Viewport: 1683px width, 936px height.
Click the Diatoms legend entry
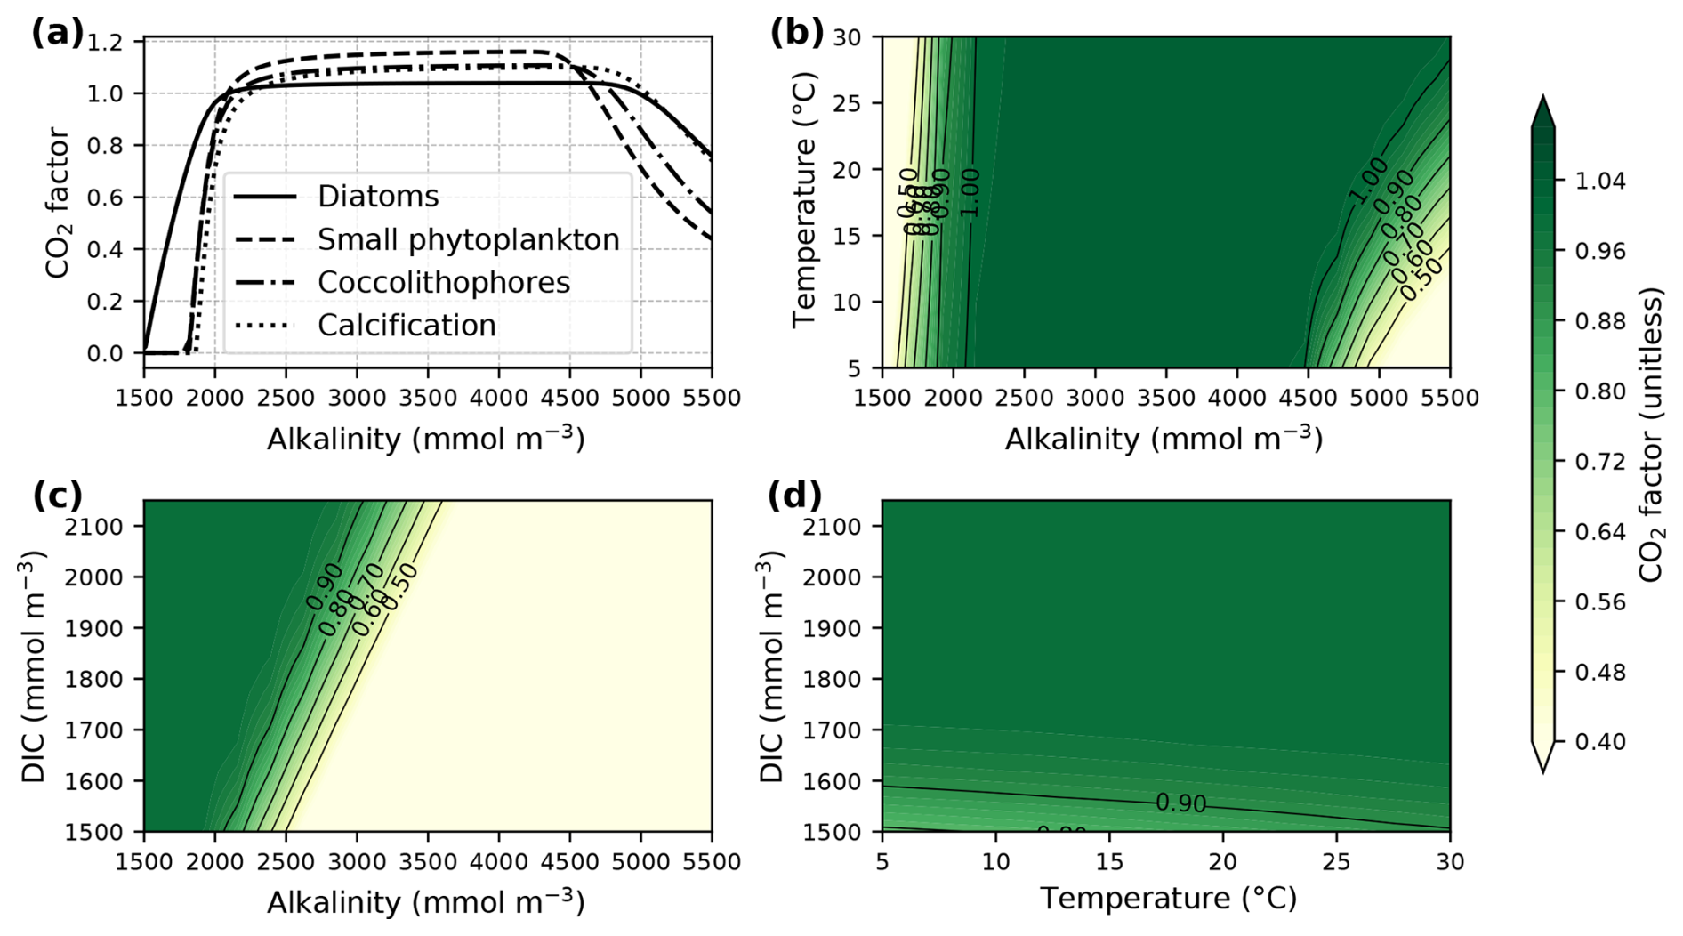[378, 197]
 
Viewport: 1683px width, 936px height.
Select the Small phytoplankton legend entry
[468, 239]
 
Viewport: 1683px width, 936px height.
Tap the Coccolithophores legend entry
[443, 282]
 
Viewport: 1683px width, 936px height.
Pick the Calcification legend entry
[407, 325]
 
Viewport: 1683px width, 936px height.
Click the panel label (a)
[57, 33]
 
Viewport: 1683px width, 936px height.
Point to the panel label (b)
[796, 33]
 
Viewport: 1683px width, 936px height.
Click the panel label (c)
[57, 495]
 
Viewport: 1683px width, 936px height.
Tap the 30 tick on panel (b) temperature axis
[846, 37]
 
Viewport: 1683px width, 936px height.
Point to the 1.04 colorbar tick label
[1599, 181]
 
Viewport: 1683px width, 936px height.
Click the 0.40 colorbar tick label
[1599, 742]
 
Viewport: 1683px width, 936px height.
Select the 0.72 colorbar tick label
[1599, 462]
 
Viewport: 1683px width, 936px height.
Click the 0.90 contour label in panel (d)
[1181, 803]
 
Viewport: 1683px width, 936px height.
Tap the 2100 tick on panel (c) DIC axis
[93, 527]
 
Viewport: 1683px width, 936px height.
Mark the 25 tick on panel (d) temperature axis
[1336, 861]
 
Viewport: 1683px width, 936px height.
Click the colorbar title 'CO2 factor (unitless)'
[1650, 434]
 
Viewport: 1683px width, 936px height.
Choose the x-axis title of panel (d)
[1167, 899]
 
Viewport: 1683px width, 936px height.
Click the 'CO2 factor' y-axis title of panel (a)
[57, 203]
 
